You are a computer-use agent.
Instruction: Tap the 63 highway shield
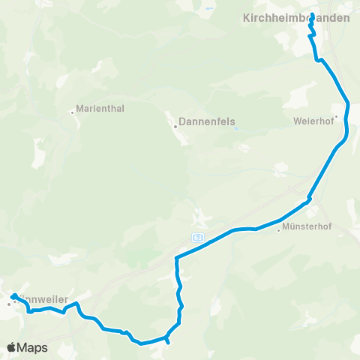point(198,237)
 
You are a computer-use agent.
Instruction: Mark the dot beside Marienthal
point(73,113)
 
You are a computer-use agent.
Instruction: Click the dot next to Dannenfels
point(175,126)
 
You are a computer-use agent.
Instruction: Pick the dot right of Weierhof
point(337,116)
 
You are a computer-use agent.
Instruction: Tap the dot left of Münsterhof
point(278,230)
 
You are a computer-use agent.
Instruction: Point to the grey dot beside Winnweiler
point(9,304)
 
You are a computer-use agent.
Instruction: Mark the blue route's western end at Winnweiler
point(14,295)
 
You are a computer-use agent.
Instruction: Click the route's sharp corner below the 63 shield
point(176,258)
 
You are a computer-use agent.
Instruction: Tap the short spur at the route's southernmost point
point(167,342)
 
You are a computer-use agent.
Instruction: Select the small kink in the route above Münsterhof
point(308,199)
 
